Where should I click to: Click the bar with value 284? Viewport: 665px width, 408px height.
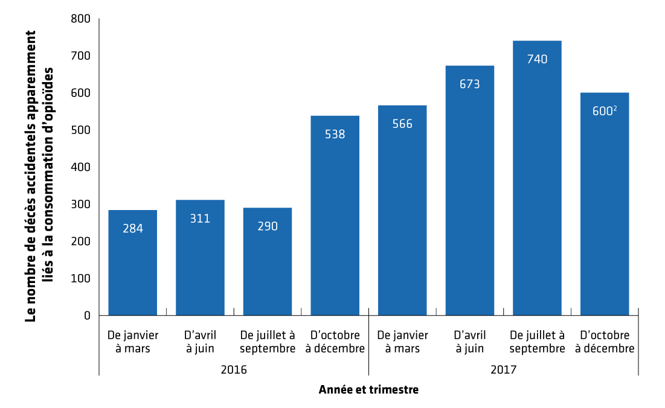[x=133, y=263]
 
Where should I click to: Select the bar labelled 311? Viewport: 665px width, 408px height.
[x=200, y=258]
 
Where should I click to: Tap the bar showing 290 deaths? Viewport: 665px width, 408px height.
[x=268, y=261]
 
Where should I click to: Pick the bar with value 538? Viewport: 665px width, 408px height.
[x=335, y=215]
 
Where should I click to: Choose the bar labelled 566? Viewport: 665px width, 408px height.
[x=402, y=210]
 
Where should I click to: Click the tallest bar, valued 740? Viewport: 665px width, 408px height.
[x=538, y=178]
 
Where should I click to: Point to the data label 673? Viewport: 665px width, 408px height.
[x=470, y=84]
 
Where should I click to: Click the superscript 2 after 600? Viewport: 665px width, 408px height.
[x=615, y=109]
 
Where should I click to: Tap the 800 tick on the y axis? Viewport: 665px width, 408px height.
[x=80, y=19]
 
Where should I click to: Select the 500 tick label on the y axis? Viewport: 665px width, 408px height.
[x=80, y=130]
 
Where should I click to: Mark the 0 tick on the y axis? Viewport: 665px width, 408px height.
[x=87, y=316]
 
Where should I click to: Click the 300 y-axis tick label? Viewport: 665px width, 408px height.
[x=80, y=204]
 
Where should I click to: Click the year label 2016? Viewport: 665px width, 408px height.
[x=234, y=370]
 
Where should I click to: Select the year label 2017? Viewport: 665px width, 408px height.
[x=503, y=370]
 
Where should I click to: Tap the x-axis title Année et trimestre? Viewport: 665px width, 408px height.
[x=368, y=390]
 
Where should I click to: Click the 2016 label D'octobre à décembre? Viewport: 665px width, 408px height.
[x=335, y=342]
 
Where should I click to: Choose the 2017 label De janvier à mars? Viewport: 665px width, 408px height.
[x=402, y=342]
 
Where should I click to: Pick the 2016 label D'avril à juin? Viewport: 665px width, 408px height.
[x=200, y=342]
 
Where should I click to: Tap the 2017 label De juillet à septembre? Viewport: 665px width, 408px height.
[x=538, y=342]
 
